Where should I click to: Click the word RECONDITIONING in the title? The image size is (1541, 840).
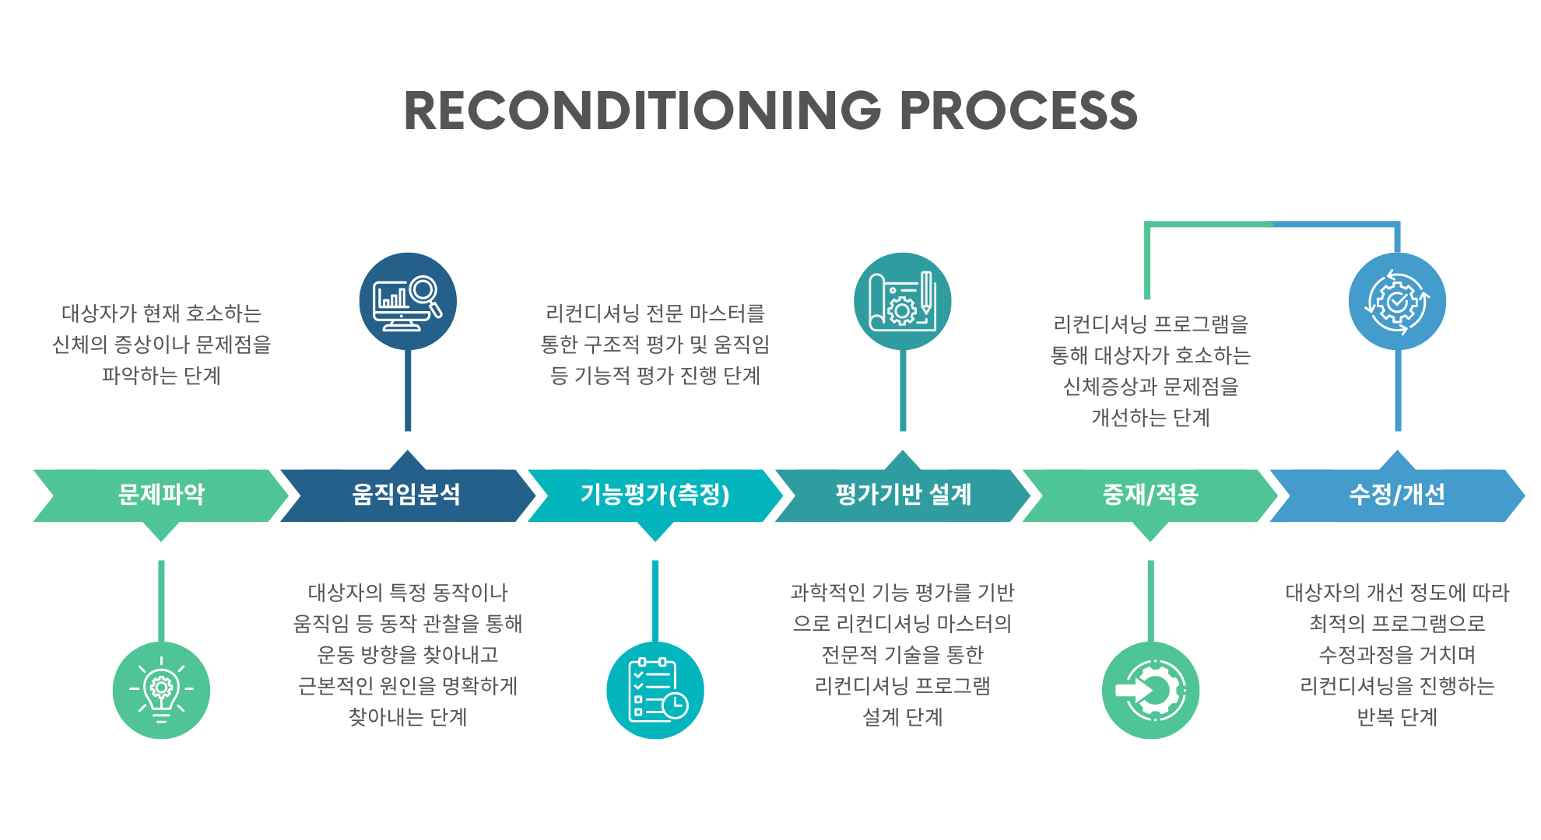click(642, 110)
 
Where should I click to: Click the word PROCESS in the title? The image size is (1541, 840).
click(1018, 110)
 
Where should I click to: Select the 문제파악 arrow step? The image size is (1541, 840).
click(161, 495)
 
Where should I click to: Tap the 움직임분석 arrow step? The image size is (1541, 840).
click(406, 495)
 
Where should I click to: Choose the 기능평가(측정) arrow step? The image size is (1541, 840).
click(655, 495)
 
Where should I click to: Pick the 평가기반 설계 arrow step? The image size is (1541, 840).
click(903, 495)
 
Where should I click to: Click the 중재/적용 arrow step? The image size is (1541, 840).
click(1150, 495)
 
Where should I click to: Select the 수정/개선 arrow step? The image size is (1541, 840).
click(1397, 495)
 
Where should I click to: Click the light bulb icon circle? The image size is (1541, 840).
click(161, 690)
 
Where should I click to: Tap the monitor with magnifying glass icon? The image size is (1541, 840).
click(408, 301)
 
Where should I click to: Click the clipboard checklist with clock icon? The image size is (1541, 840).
click(655, 690)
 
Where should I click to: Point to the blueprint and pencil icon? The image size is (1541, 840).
click(903, 301)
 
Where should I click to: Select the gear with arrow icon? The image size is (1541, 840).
click(1150, 690)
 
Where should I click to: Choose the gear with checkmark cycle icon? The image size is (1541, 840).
click(1397, 301)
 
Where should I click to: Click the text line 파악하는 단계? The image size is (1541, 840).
click(161, 376)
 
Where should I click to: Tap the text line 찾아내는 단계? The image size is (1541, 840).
click(408, 716)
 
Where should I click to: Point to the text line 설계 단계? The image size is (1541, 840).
click(903, 716)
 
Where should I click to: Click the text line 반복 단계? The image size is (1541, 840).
click(1397, 716)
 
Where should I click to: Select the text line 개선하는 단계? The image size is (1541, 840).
click(1150, 418)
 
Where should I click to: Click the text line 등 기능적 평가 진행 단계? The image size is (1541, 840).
click(655, 376)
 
